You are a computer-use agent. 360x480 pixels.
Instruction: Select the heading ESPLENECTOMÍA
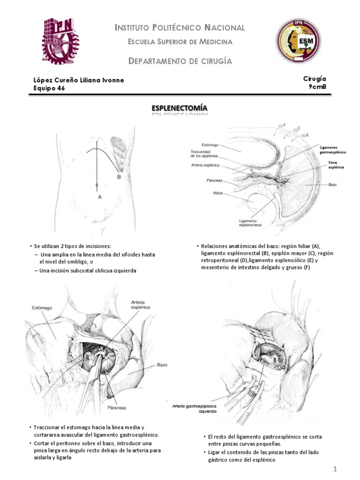tap(180, 109)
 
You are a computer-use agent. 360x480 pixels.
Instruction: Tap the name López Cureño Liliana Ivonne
tap(79, 80)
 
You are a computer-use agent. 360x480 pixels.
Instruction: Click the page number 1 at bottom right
tap(336, 469)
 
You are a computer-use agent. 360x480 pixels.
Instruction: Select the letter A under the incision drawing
tap(100, 197)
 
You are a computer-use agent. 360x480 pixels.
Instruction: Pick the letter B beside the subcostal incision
tap(119, 177)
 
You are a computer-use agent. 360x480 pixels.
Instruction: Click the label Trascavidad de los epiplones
tap(208, 154)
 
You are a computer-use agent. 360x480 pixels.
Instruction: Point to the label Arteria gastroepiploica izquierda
tap(195, 408)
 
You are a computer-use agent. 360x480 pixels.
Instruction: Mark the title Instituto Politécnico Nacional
tap(180, 28)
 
